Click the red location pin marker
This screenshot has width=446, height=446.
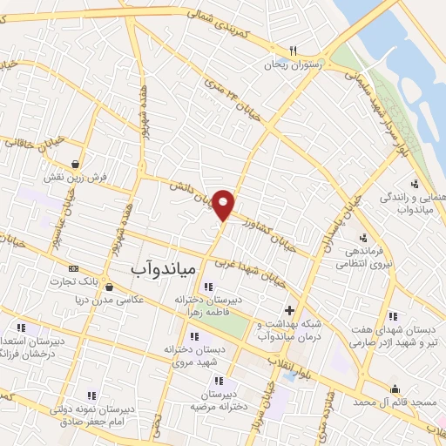[224, 203]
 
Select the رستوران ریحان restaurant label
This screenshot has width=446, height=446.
[295, 65]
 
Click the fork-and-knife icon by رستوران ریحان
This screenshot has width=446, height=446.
[294, 51]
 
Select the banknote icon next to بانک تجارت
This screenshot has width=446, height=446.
[73, 268]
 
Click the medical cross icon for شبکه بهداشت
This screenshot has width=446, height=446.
[290, 309]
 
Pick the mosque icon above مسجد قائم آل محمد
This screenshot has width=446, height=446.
[396, 389]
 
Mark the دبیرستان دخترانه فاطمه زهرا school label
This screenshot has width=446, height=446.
[206, 304]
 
